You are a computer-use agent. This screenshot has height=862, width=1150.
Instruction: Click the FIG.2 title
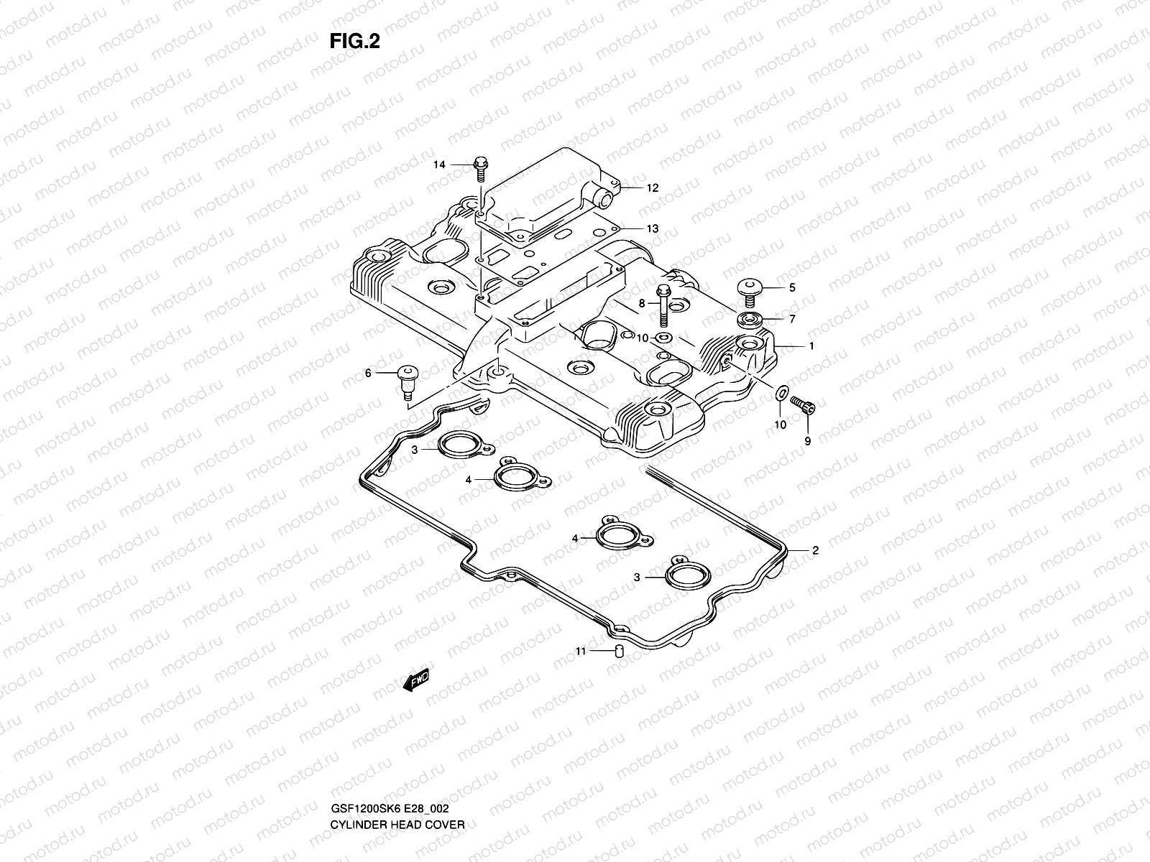click(x=354, y=42)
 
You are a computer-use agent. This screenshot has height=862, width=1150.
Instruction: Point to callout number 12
click(x=651, y=188)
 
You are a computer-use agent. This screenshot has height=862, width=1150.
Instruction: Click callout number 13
click(x=651, y=229)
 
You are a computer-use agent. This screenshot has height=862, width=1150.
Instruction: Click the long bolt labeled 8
click(x=663, y=309)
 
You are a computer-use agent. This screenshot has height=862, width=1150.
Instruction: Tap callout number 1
click(x=811, y=346)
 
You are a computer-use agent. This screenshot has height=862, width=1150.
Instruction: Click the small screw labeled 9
click(x=803, y=407)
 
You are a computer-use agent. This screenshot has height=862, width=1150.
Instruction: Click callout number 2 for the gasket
click(x=815, y=552)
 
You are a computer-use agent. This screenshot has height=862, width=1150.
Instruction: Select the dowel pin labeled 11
click(x=617, y=652)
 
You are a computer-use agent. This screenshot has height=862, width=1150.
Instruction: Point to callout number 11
click(x=580, y=652)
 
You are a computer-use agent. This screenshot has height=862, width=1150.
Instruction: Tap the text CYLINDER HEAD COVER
click(x=397, y=784)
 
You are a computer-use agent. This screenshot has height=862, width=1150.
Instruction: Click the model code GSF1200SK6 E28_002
click(x=391, y=768)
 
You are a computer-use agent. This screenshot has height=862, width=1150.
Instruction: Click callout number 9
click(x=807, y=441)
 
